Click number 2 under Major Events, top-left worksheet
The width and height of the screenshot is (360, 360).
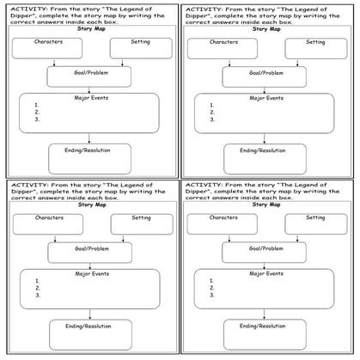point(37,113)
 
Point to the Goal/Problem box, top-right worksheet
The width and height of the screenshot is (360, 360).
point(265,77)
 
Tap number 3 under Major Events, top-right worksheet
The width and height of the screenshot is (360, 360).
point(211,119)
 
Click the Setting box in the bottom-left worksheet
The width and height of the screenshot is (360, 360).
point(141,224)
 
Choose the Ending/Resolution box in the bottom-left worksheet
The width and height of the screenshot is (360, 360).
point(90,333)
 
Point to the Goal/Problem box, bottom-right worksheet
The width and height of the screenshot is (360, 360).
point(263,252)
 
